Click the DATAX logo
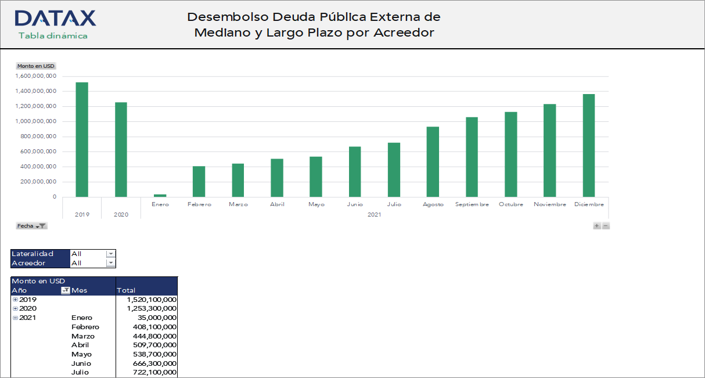(55, 18)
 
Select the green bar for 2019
(82, 139)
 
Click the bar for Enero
(160, 196)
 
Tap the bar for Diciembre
(589, 145)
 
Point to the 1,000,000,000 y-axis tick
(36, 121)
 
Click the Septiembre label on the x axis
(472, 204)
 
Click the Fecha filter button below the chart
(31, 226)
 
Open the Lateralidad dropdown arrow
(111, 254)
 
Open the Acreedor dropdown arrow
(111, 263)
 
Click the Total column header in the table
(126, 290)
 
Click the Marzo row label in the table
(82, 336)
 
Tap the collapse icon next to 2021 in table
(15, 318)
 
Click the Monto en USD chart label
(35, 66)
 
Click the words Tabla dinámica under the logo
(53, 36)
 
